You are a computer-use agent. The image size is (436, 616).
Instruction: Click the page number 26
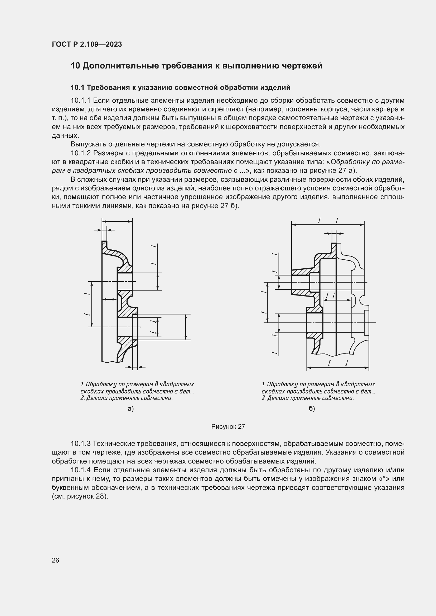pyautogui.click(x=55, y=560)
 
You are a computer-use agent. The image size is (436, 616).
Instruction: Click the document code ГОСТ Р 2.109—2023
pyautogui.click(x=87, y=44)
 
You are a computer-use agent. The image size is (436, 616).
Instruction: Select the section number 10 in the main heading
pyautogui.click(x=75, y=66)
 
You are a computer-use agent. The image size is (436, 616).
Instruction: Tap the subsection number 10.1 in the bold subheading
pyautogui.click(x=77, y=87)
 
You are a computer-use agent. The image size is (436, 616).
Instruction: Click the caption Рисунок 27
pyautogui.click(x=228, y=427)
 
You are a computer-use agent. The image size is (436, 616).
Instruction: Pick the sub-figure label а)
pyautogui.click(x=131, y=409)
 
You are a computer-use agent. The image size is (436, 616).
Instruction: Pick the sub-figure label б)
pyautogui.click(x=312, y=409)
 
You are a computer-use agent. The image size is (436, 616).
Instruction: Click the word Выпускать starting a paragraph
pyautogui.click(x=88, y=144)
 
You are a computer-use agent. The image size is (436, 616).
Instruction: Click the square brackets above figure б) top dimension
pyautogui.click(x=328, y=220)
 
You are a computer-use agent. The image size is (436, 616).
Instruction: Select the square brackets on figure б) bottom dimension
pyautogui.click(x=338, y=363)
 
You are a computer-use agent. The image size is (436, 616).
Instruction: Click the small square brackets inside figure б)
pyautogui.click(x=330, y=296)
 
